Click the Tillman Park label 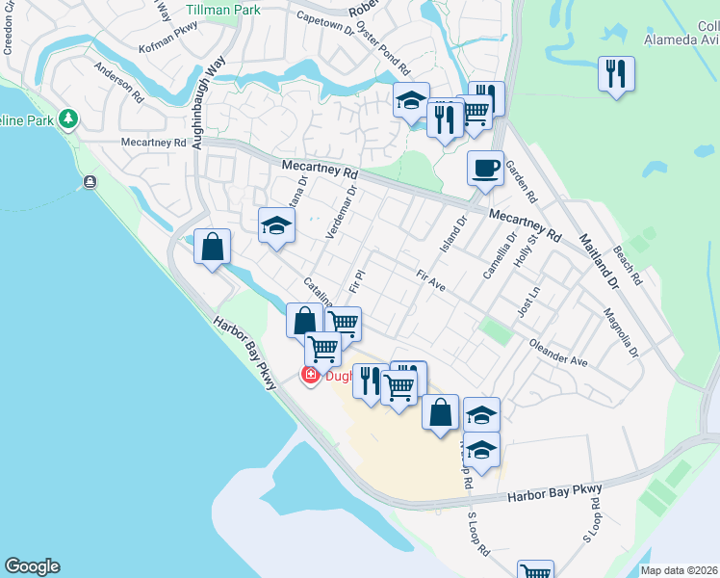point(222,9)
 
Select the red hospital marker point(310,376)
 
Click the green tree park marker point(67,118)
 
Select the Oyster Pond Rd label point(383,59)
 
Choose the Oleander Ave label point(558,353)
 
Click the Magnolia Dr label point(621,332)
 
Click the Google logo point(32,566)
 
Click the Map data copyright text point(679,570)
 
